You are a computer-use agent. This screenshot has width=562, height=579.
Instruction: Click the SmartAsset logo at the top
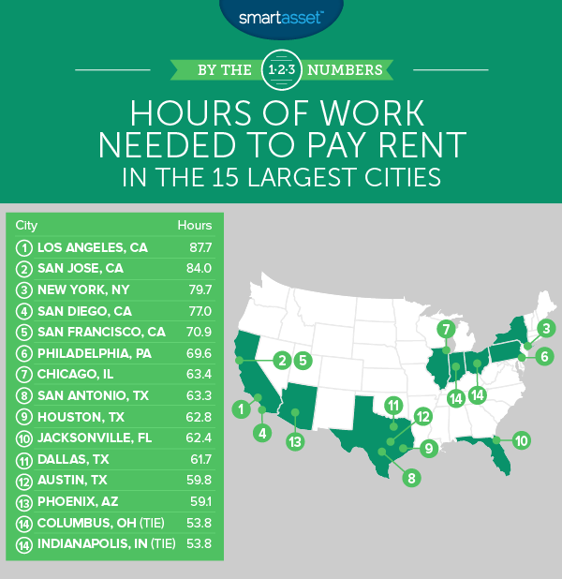coord(280,16)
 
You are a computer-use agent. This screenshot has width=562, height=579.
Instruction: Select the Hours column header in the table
coord(195,225)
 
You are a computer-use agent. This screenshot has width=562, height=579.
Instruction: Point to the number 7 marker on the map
coord(446,329)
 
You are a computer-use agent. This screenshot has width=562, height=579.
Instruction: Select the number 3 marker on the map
coord(547,328)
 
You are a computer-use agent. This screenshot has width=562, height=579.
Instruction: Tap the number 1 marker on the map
coord(241,408)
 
